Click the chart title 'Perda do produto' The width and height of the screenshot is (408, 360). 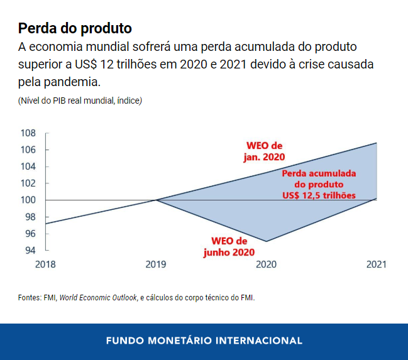tap(75, 28)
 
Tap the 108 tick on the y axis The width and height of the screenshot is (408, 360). tap(28, 133)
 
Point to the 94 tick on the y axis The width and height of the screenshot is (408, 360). tap(30, 250)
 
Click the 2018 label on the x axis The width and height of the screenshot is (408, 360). tap(45, 265)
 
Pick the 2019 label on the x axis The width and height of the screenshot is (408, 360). tap(156, 265)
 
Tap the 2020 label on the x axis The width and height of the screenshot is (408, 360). tap(267, 265)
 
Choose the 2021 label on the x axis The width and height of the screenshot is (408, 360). tap(377, 265)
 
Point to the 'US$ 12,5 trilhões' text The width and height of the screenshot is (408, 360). tap(319, 195)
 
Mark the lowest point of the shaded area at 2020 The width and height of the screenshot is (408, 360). tap(267, 241)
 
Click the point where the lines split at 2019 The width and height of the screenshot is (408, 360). tap(156, 200)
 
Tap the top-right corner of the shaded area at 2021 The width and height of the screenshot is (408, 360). tap(377, 143)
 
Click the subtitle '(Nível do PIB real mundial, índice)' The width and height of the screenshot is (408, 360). tap(80, 101)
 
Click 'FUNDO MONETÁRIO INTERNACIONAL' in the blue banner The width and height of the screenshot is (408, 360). tap(204, 341)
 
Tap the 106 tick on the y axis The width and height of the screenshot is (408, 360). tap(28, 150)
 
